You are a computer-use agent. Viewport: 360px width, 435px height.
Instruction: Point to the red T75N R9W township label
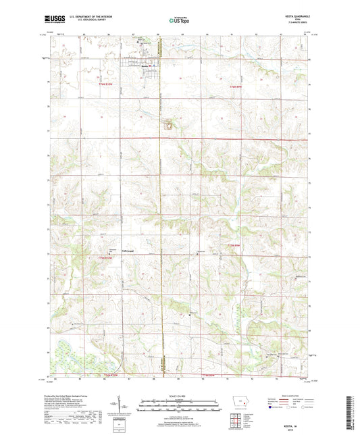[233, 245]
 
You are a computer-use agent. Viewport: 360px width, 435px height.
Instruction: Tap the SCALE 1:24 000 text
[179, 395]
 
